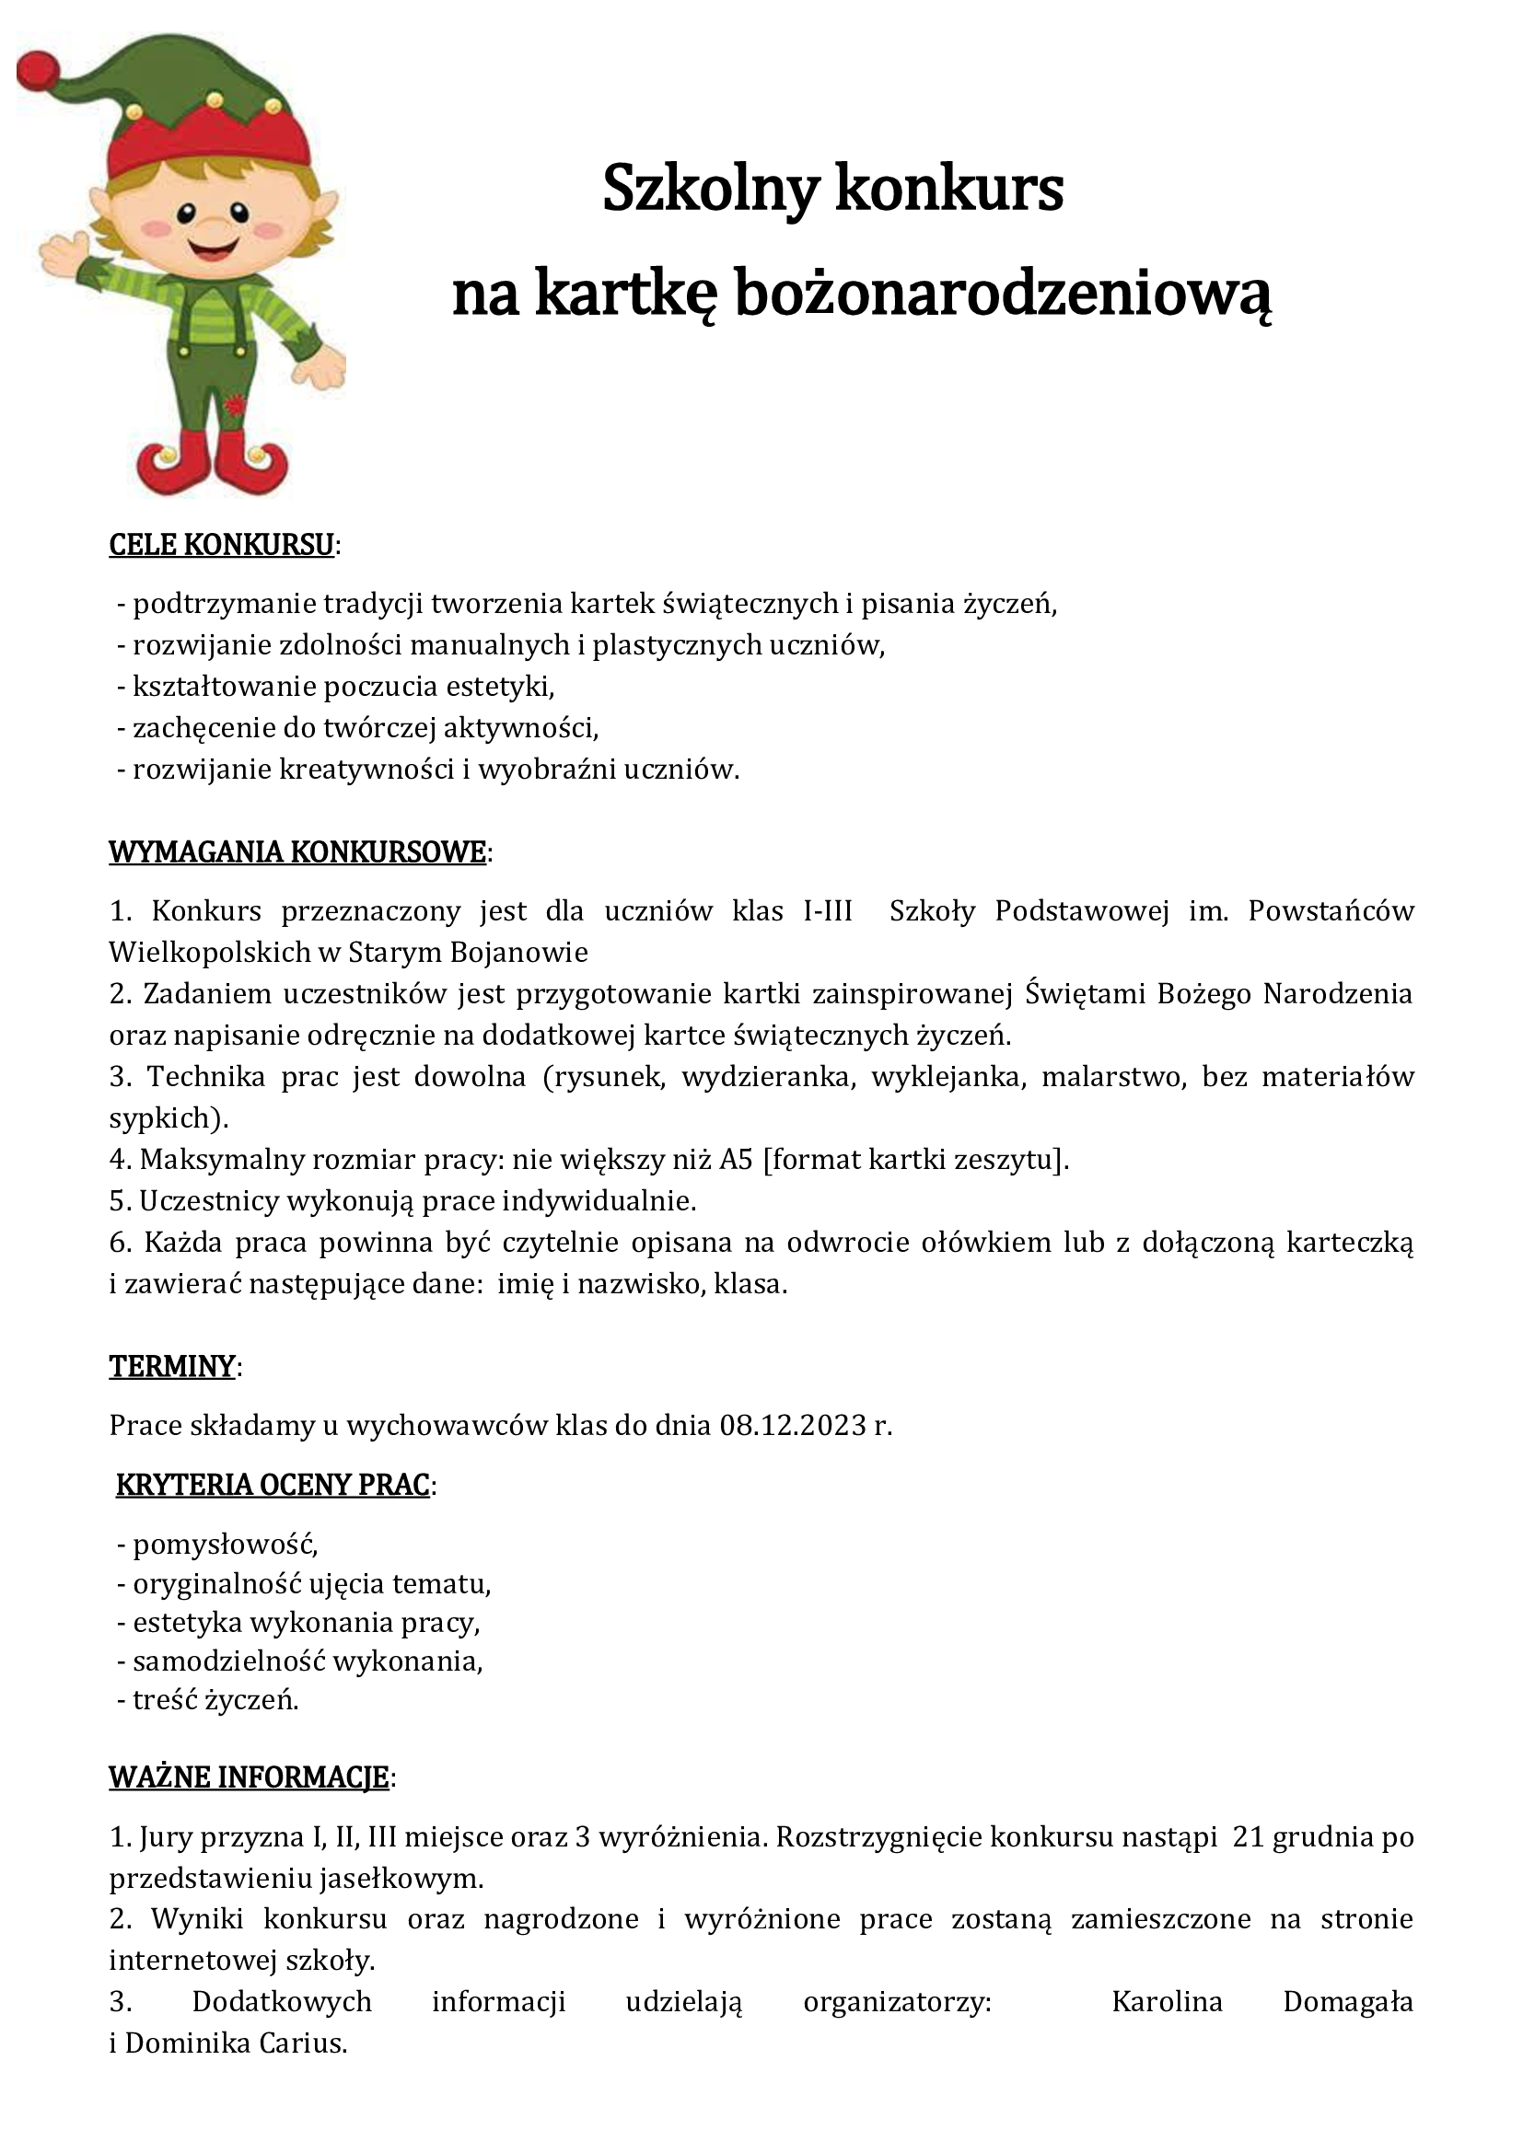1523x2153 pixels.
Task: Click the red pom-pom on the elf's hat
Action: [x=39, y=68]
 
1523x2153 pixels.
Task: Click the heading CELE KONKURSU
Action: [x=221, y=545]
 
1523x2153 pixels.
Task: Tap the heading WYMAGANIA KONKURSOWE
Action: [x=297, y=852]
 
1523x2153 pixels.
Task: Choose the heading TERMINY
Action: [x=171, y=1366]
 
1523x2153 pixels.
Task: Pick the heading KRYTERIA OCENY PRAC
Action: [x=273, y=1486]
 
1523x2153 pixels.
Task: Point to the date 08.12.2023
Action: [x=793, y=1425]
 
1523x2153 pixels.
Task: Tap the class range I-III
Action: [x=828, y=911]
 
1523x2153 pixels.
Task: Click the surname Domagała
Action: [x=1347, y=2002]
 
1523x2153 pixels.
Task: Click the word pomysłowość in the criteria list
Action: [x=224, y=1544]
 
